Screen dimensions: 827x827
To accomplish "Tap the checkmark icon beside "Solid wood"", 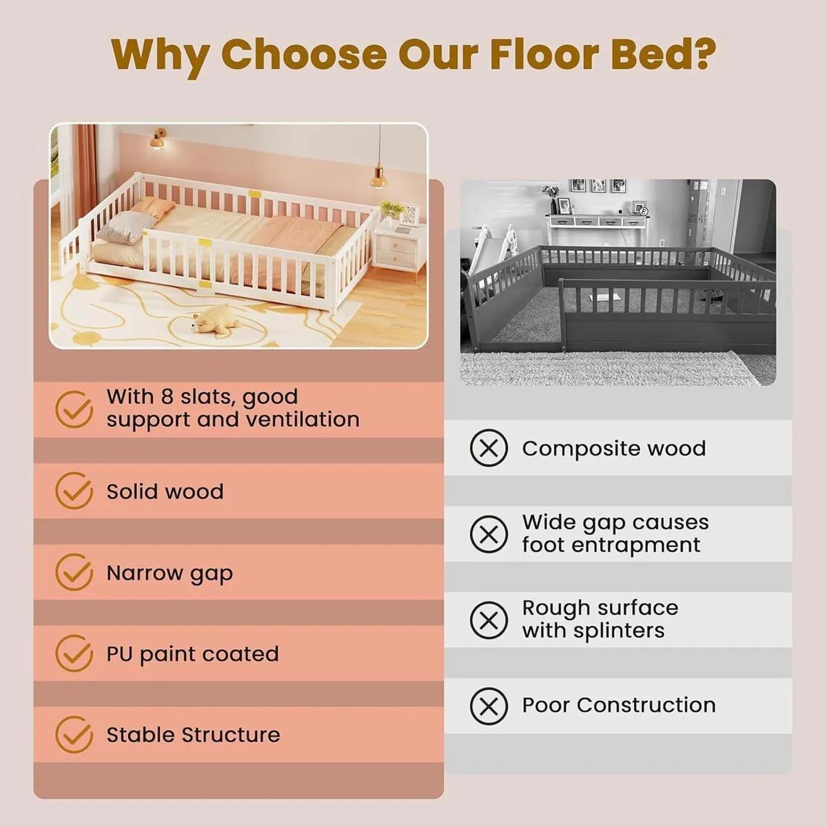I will pyautogui.click(x=74, y=491).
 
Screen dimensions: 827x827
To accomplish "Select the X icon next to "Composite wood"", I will pyautogui.click(x=489, y=448).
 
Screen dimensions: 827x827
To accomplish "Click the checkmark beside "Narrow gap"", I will pyautogui.click(x=74, y=572).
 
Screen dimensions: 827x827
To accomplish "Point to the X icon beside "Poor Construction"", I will pyautogui.click(x=489, y=706).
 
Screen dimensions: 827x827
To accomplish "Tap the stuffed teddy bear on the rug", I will pyautogui.click(x=215, y=320).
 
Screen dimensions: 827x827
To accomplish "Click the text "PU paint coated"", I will pyautogui.click(x=192, y=654).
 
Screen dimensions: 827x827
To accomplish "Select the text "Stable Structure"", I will pyautogui.click(x=193, y=735).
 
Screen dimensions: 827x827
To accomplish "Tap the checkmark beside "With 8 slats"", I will pyautogui.click(x=74, y=409).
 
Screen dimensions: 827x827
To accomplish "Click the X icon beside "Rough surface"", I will pyautogui.click(x=489, y=620).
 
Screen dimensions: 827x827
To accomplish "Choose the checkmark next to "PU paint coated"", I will pyautogui.click(x=74, y=653).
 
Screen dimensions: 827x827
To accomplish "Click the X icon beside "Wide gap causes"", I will pyautogui.click(x=489, y=534).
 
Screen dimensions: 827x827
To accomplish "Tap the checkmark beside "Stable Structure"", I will pyautogui.click(x=74, y=735).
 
